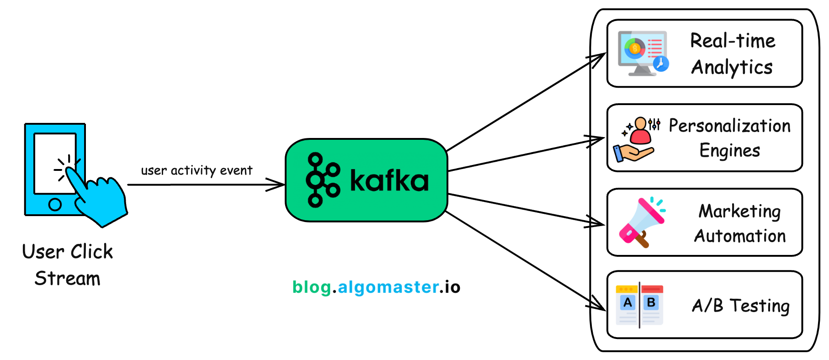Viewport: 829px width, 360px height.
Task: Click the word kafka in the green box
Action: pos(389,181)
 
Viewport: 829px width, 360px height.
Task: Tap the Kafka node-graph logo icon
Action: pos(323,180)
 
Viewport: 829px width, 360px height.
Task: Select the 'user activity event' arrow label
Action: pos(197,170)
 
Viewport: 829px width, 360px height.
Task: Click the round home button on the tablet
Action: pos(55,204)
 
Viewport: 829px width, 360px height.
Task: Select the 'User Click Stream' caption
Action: pos(68,265)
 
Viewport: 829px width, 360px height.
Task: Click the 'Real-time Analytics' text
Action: pos(732,54)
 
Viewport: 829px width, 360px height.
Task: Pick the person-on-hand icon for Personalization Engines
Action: pos(636,140)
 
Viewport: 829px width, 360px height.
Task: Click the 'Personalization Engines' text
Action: pos(729,138)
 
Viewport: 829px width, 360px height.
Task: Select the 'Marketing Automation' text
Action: pos(739,223)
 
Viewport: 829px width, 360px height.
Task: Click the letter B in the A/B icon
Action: pos(651,302)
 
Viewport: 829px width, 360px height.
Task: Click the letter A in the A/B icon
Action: pos(628,302)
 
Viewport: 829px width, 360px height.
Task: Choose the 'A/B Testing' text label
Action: pos(740,306)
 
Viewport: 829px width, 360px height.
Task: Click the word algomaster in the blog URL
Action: pos(388,287)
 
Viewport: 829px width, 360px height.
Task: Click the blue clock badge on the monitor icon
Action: pos(661,64)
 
